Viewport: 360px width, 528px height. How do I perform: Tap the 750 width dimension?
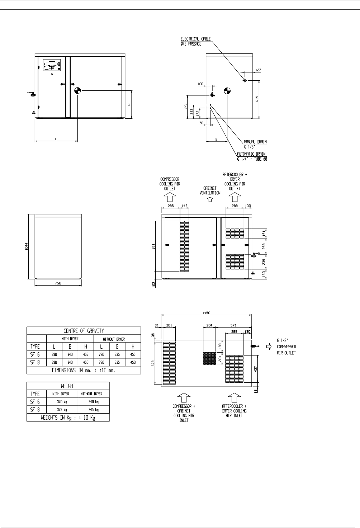coord(58,283)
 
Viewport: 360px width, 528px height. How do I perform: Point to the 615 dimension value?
coord(257,99)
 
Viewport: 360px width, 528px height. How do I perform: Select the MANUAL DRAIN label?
coord(255,142)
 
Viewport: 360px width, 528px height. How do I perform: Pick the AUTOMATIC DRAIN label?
coord(251,154)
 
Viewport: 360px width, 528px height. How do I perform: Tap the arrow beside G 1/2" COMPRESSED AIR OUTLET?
coord(269,346)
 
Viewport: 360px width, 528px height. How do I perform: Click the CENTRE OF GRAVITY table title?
coord(84,331)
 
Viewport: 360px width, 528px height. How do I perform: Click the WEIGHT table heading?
coord(68,386)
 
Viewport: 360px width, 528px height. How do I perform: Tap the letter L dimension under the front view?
coord(56,138)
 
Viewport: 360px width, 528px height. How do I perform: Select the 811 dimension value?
coord(153,247)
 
